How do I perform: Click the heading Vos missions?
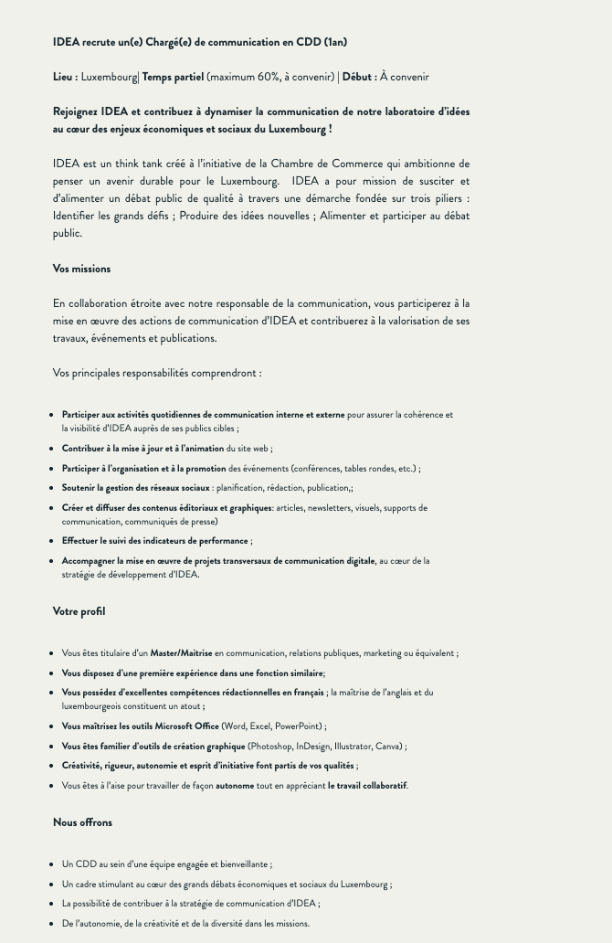pyautogui.click(x=81, y=269)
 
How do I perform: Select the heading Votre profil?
pyautogui.click(x=79, y=611)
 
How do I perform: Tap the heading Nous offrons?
pyautogui.click(x=82, y=822)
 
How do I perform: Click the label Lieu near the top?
pyautogui.click(x=64, y=77)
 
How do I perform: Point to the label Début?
pyautogui.click(x=359, y=77)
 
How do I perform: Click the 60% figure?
pyautogui.click(x=269, y=77)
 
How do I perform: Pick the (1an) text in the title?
pyautogui.click(x=335, y=42)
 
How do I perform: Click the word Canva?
pyautogui.click(x=387, y=747)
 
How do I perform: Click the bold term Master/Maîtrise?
pyautogui.click(x=181, y=653)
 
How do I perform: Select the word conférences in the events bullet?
pyautogui.click(x=317, y=469)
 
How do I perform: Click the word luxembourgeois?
pyautogui.click(x=100, y=706)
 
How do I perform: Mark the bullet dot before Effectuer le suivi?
pyautogui.click(x=51, y=542)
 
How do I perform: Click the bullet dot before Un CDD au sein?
pyautogui.click(x=51, y=864)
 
